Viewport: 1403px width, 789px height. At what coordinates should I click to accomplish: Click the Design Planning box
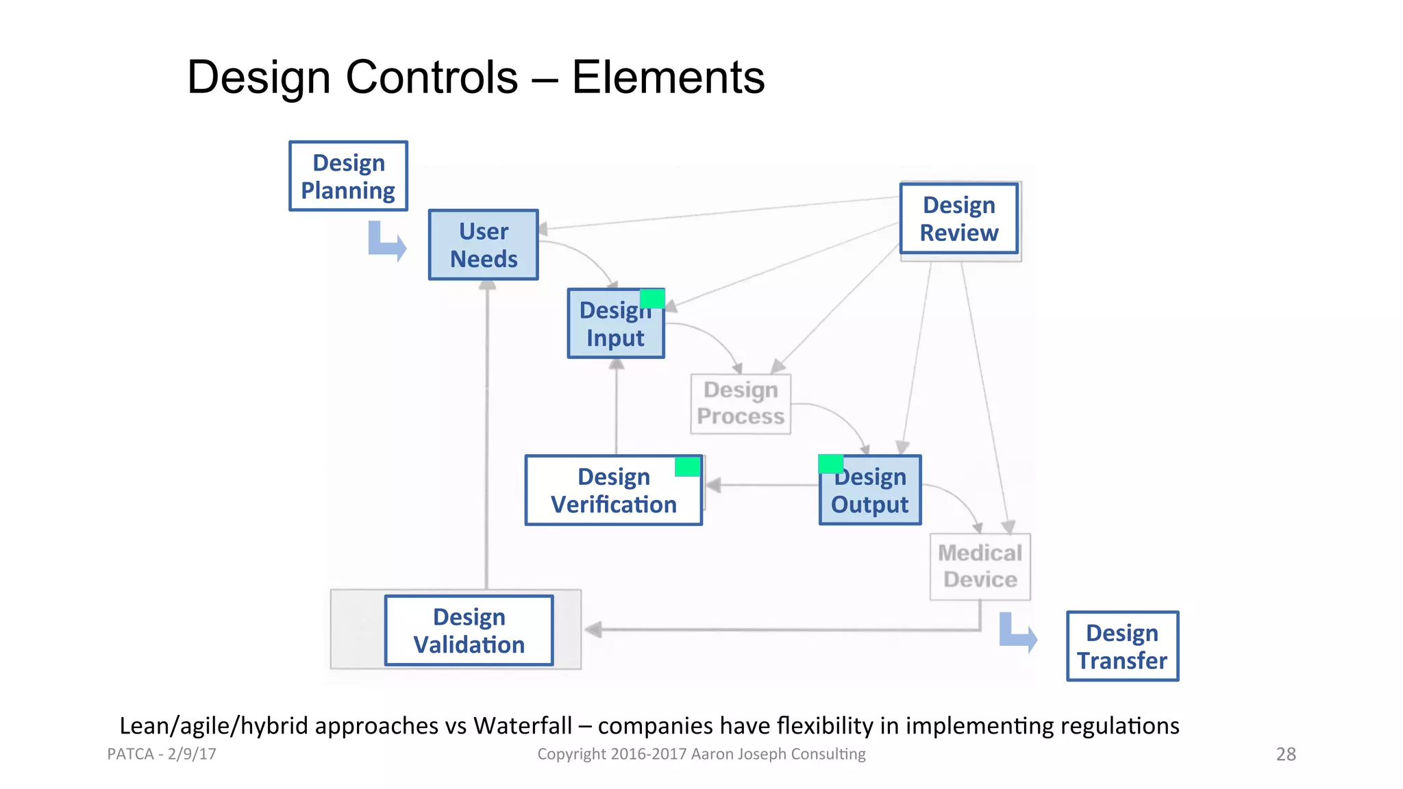(x=348, y=176)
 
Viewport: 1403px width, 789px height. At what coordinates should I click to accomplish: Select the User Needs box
(x=483, y=245)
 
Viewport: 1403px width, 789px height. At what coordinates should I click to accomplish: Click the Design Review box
(x=958, y=218)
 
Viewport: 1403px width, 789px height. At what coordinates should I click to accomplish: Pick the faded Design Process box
(x=741, y=403)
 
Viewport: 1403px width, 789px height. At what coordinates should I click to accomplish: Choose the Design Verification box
(x=613, y=490)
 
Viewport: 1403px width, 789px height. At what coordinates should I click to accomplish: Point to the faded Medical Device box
(x=980, y=566)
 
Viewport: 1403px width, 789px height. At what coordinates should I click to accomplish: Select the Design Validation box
(x=469, y=630)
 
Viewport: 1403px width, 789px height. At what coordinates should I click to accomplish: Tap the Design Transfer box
(x=1122, y=646)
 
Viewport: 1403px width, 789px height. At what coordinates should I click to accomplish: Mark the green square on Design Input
(x=652, y=299)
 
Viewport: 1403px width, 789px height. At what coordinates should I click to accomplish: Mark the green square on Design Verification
(x=687, y=466)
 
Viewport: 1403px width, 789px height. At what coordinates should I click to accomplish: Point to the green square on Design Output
(x=830, y=464)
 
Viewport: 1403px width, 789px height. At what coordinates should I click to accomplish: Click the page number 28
(x=1286, y=754)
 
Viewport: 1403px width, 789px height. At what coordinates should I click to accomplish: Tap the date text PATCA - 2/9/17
(x=162, y=754)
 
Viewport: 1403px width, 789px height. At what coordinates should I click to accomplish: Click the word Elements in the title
(x=668, y=77)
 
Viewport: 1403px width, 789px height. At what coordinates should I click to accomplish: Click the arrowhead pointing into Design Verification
(x=713, y=485)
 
